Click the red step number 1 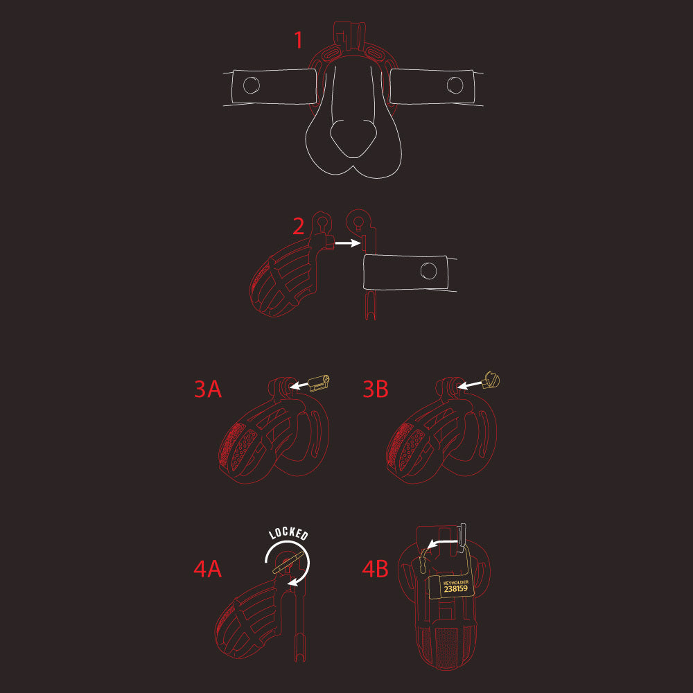coord(299,40)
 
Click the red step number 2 coord(299,227)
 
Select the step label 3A coord(208,389)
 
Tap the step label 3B coord(376,389)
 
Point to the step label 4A coord(208,570)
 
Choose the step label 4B coord(376,570)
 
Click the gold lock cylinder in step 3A coord(319,382)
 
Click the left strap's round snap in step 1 coord(251,85)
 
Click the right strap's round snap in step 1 coord(455,85)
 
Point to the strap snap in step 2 coord(429,271)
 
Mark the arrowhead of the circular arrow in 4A coord(293,584)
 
